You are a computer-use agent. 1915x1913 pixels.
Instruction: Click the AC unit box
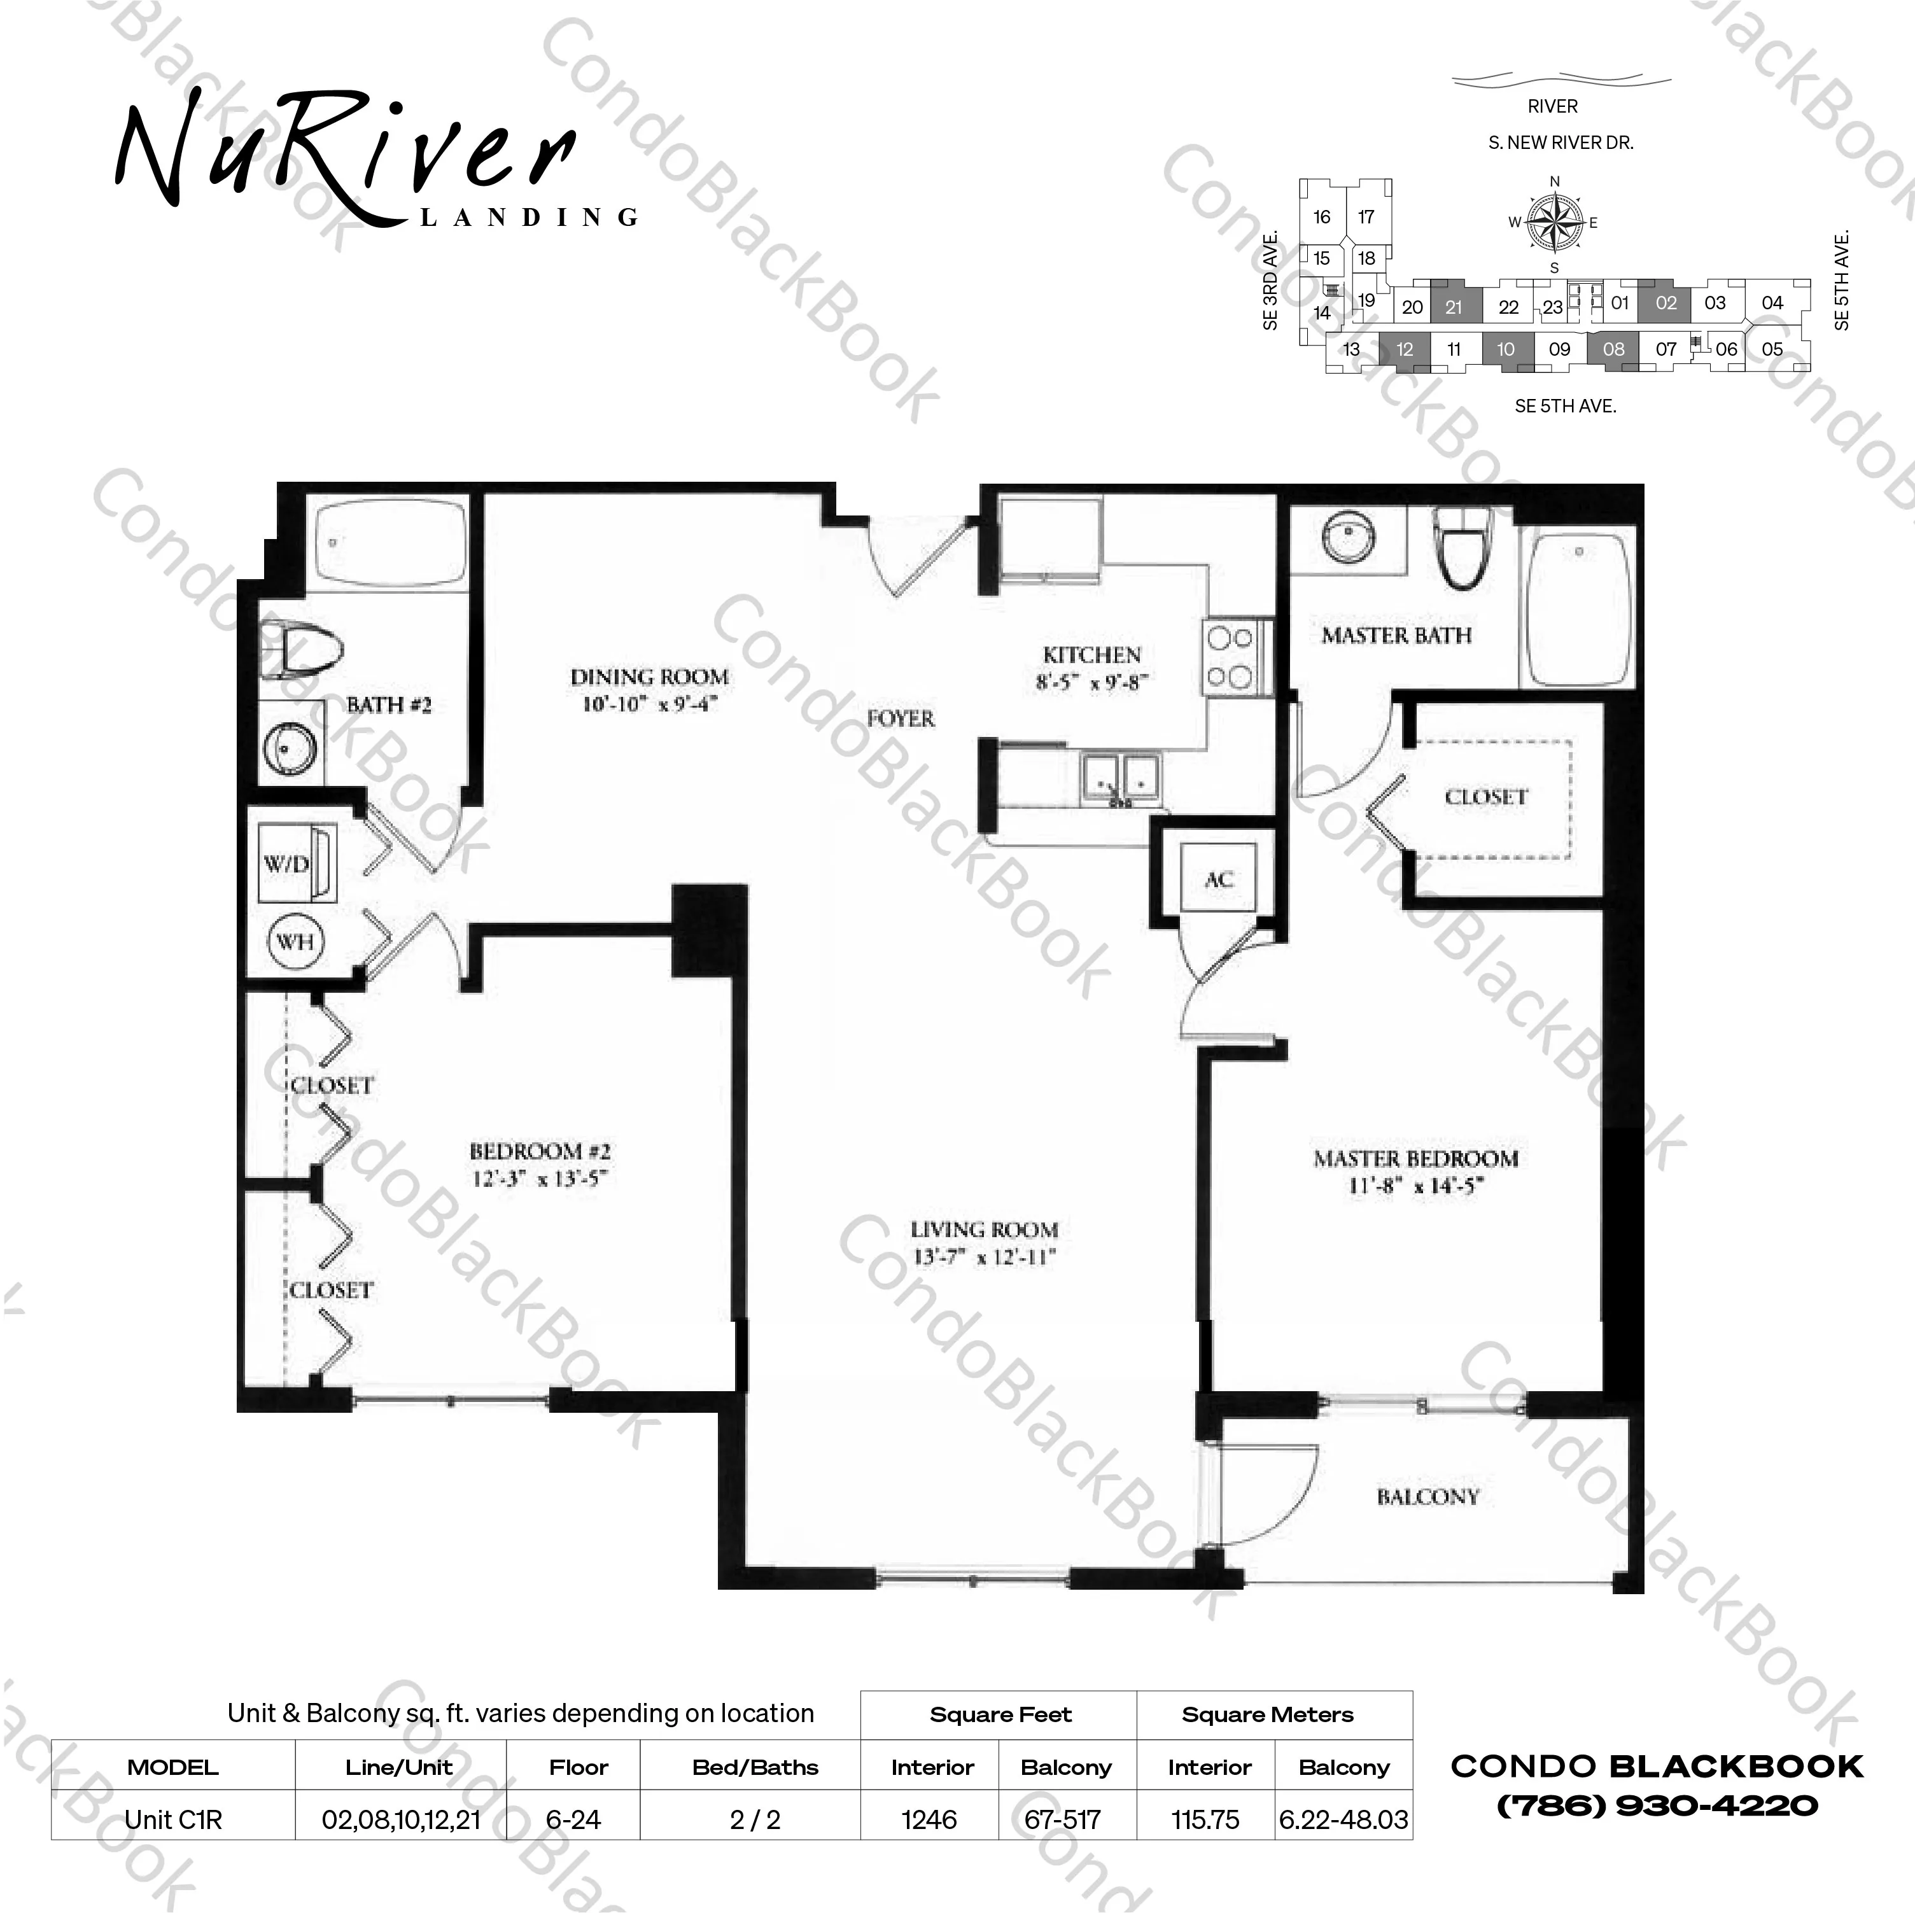(1218, 878)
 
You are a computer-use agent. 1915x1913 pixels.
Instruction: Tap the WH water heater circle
(295, 941)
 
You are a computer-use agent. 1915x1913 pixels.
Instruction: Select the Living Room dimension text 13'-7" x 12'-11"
(983, 1258)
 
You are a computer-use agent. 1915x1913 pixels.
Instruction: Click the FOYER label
(900, 718)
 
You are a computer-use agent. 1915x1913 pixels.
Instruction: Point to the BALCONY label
(1427, 1497)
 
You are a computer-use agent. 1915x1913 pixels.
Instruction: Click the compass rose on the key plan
(1554, 223)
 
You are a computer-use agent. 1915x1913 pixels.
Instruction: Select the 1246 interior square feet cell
(929, 1820)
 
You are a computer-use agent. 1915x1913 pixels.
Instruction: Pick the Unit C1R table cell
(174, 1820)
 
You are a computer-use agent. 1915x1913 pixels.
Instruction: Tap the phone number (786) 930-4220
(1657, 1806)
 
